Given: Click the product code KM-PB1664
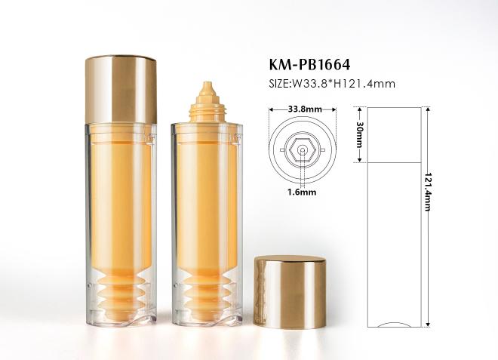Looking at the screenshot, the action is click(x=309, y=64).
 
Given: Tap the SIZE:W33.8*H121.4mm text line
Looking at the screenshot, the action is click(x=332, y=84).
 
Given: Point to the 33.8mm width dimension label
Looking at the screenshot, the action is click(x=305, y=109).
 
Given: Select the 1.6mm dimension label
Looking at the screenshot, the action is click(x=301, y=192).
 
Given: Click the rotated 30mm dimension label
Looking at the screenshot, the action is click(x=359, y=134).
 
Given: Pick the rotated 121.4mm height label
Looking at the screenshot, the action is click(x=428, y=192).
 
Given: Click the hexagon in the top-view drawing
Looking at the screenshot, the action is click(x=303, y=149).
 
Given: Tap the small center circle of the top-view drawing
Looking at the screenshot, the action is click(x=303, y=150).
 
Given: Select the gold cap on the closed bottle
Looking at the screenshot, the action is click(x=121, y=89).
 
